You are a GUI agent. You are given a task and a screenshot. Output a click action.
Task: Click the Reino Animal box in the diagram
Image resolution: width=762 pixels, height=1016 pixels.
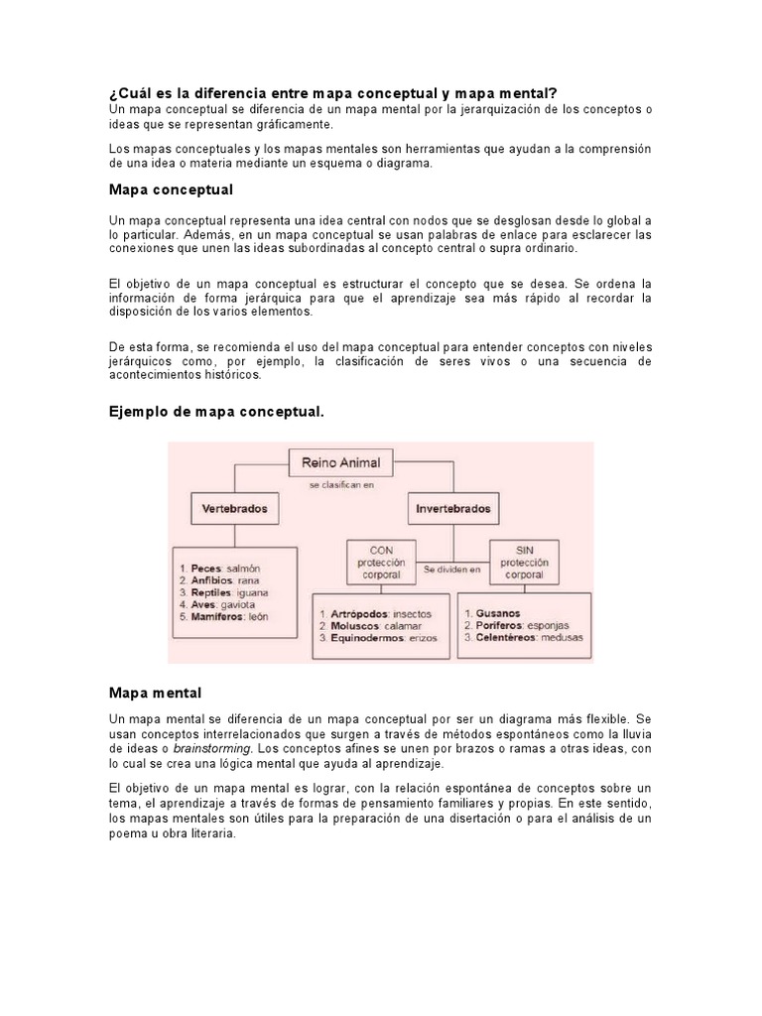340,461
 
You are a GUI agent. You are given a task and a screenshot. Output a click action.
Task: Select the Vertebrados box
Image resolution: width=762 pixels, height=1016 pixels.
232,508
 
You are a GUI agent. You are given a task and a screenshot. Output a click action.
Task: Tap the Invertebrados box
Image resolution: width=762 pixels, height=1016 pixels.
452,508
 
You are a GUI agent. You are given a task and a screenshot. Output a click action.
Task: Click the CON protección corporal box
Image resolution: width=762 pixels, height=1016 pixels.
381,563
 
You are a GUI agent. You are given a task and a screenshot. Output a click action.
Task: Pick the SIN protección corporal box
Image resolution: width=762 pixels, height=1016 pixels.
525,563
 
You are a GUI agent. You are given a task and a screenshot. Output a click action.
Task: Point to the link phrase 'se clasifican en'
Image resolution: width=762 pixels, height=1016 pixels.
340,485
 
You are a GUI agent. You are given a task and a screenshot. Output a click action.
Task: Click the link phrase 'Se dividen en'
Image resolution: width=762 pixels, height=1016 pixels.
452,571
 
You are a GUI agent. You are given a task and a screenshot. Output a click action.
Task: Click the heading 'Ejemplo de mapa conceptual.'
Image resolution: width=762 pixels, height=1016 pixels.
216,411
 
